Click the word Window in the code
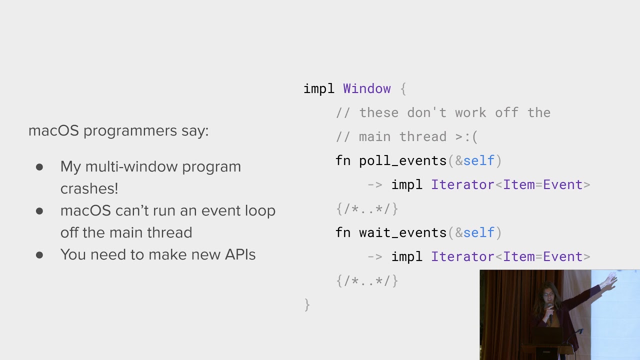[366, 88]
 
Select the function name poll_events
[402, 160]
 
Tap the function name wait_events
[402, 232]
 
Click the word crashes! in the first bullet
[89, 188]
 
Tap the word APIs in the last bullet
[240, 254]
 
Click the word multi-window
[131, 166]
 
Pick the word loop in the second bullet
[260, 210]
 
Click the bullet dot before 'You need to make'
[39, 255]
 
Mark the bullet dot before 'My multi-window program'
[39, 167]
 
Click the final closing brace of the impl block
[307, 304]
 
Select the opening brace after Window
[403, 89]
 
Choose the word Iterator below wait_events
[462, 256]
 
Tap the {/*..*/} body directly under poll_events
[367, 208]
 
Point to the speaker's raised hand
[610, 281]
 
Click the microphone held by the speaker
[550, 310]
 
